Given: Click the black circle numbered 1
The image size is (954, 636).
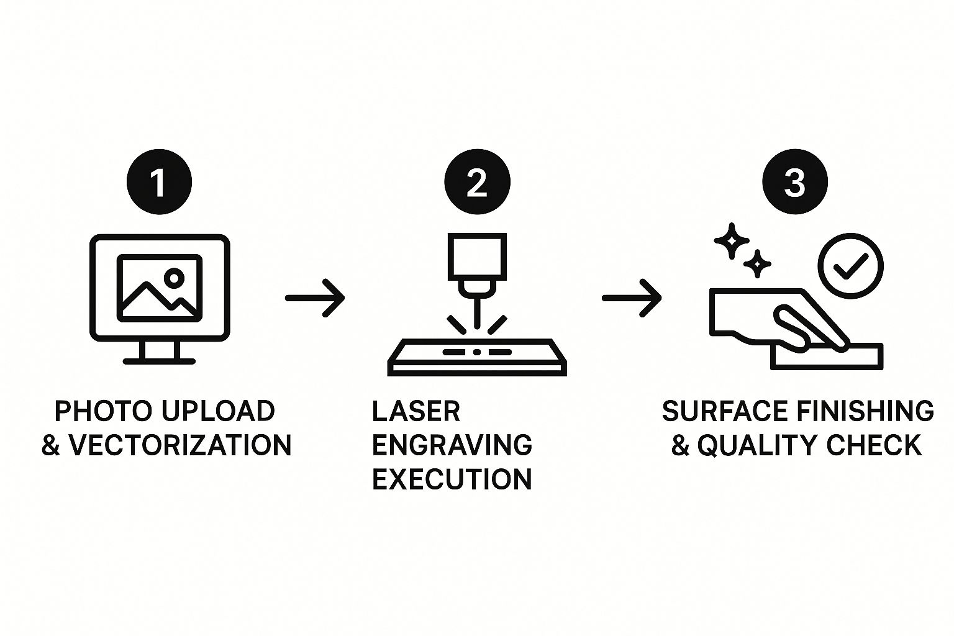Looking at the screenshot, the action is point(159,182).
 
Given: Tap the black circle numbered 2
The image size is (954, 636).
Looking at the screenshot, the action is point(477,182).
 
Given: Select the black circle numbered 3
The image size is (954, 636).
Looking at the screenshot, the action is point(795,182).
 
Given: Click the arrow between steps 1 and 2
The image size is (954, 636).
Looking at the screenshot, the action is point(315,298).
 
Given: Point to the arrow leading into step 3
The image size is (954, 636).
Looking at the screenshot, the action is point(632,298).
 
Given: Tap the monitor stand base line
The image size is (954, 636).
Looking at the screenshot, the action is point(159,361).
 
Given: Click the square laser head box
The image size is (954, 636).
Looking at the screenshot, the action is point(477,257).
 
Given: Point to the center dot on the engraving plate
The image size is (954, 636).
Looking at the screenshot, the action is point(477,352).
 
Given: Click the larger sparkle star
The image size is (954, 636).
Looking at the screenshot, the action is point(732,241).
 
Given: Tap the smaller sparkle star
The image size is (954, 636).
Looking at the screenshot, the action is point(757,264).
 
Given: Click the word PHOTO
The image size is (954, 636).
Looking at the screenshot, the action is point(103,411).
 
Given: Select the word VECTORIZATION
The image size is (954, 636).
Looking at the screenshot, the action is point(180,445).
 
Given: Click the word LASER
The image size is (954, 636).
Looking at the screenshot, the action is point(416,411).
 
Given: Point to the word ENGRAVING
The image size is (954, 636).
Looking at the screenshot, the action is point(452,445).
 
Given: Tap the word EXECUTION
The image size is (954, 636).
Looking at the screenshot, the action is point(452,479).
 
